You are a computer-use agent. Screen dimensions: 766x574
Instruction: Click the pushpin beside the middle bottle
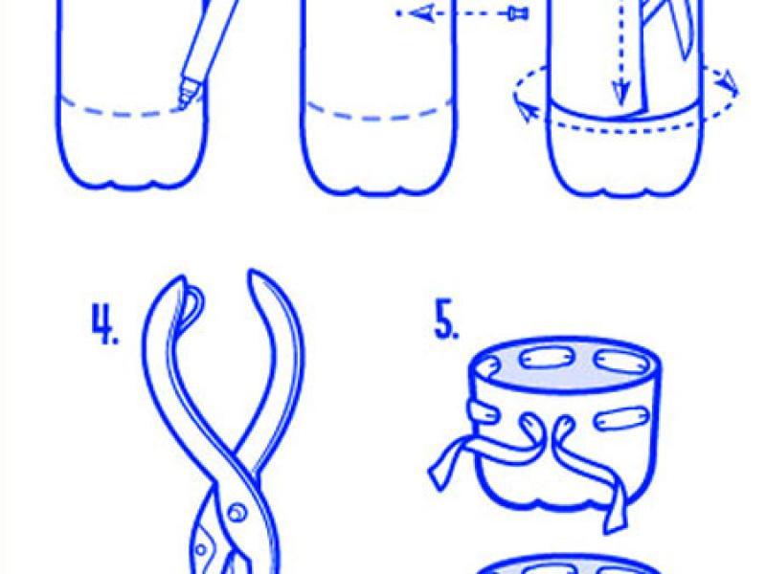point(519,13)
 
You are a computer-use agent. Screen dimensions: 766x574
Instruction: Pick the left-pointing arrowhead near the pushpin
point(421,13)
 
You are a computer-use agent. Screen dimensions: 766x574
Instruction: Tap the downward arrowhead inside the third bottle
point(620,92)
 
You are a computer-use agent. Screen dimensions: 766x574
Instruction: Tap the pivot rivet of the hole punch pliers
point(237,513)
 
